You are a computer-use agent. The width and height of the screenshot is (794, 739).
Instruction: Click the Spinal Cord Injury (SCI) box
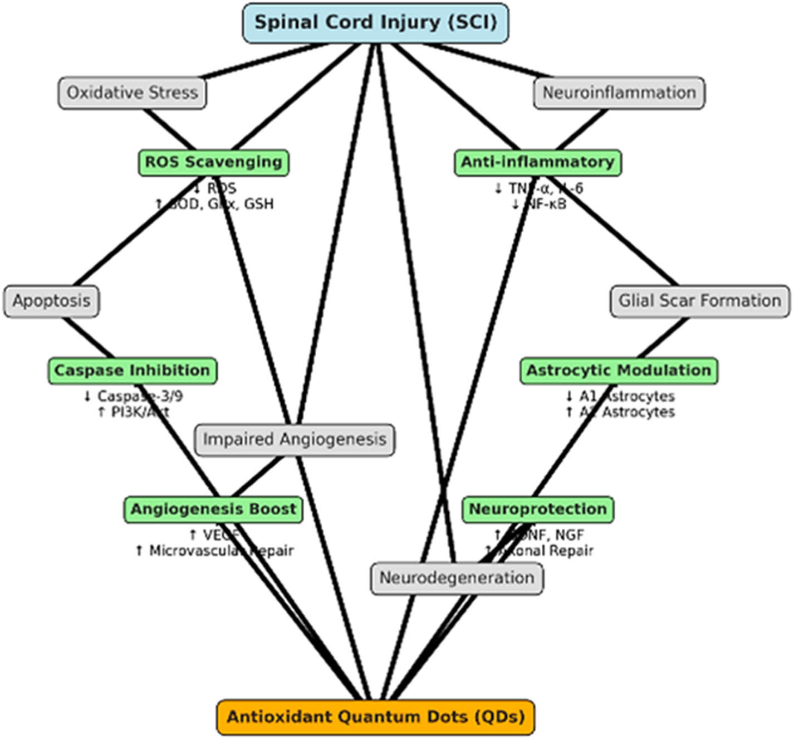375,23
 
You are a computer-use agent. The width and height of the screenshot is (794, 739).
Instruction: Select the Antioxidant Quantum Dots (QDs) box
375,717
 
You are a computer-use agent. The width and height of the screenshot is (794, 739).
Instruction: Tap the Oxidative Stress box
132,93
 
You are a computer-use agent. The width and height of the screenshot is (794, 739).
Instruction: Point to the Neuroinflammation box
619,93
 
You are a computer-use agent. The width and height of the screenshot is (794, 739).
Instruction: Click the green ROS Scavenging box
213,163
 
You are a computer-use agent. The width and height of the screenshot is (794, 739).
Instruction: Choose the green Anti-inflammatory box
537,163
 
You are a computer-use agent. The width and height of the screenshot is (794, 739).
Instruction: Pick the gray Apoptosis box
51,301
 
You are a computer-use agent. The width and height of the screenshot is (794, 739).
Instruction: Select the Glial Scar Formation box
699,301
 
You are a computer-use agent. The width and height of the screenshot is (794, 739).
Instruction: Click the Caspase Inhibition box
132,371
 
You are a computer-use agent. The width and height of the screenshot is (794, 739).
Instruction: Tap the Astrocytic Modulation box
619,371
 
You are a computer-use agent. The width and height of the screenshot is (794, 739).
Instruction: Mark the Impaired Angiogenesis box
295,440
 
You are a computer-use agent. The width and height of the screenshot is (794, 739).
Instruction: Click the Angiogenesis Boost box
213,509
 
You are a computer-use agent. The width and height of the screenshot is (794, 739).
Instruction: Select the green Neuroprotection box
537,509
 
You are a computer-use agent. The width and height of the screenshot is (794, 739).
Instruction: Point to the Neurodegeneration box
457,578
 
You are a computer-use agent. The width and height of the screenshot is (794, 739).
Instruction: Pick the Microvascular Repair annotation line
214,551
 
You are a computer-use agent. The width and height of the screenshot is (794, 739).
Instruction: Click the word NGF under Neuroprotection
569,535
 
